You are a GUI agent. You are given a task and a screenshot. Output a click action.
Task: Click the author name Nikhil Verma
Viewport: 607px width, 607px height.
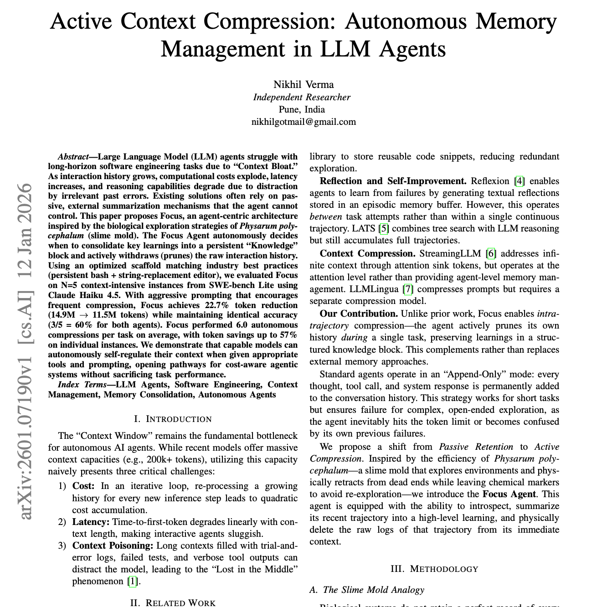tap(303, 85)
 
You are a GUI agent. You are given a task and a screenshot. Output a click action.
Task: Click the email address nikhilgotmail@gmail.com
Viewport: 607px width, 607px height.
tap(303, 122)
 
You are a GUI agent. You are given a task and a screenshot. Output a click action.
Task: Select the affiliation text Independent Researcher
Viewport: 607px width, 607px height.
tap(302, 97)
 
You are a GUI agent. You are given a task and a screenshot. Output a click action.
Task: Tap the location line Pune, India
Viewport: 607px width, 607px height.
tap(302, 109)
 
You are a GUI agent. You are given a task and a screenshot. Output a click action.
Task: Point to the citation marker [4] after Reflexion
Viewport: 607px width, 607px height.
tap(520, 181)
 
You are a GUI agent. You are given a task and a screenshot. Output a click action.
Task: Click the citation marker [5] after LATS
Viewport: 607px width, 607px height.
tap(384, 229)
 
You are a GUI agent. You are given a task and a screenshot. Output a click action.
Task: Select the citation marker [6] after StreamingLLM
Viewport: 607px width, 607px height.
tap(491, 254)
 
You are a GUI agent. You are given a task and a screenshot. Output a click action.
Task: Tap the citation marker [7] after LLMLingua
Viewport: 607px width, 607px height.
tap(408, 289)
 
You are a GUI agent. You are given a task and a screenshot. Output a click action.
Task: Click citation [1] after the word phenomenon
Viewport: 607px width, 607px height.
tap(132, 581)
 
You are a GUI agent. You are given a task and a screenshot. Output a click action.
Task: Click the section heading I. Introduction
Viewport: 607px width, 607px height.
tap(173, 419)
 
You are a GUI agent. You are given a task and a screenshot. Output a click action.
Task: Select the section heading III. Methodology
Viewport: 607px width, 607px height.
tap(434, 569)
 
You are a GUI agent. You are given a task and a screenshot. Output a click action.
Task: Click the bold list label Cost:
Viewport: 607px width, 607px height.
tap(83, 486)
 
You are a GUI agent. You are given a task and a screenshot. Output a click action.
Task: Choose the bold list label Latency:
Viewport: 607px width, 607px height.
tap(91, 522)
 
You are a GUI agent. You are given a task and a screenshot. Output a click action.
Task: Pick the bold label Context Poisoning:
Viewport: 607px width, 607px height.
tap(113, 546)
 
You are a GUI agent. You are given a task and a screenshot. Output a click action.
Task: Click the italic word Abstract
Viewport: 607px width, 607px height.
tap(73, 157)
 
